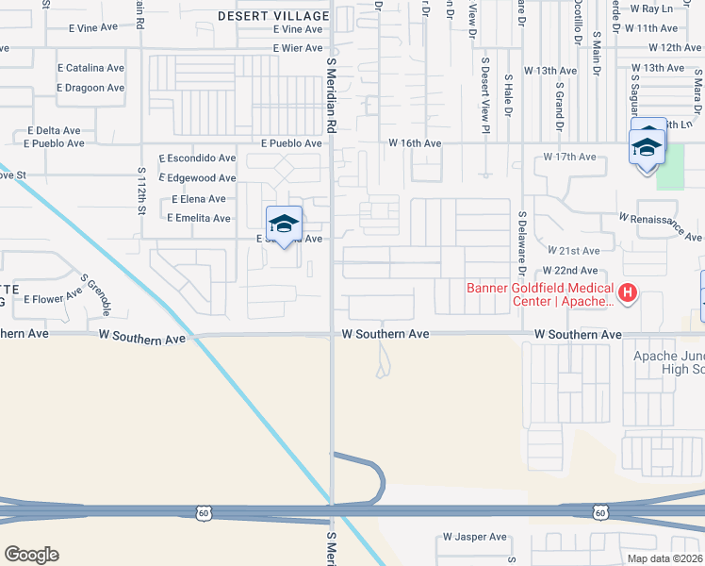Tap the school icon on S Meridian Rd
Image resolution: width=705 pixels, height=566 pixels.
(x=284, y=225)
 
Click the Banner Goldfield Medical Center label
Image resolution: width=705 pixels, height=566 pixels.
(x=539, y=294)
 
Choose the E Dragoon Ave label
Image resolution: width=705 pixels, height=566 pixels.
(x=90, y=88)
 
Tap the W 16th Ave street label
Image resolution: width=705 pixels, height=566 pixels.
(x=415, y=143)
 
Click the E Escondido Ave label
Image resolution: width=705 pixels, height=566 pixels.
(x=197, y=158)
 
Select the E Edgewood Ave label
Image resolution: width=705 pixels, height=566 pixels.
(x=198, y=178)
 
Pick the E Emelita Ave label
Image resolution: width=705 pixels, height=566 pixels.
(x=198, y=218)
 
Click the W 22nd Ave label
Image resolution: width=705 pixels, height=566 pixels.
(x=571, y=270)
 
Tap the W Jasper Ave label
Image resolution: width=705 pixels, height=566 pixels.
(x=475, y=537)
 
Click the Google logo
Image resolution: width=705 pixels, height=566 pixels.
(x=31, y=554)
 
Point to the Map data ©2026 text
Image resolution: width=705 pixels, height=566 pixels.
(x=664, y=558)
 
